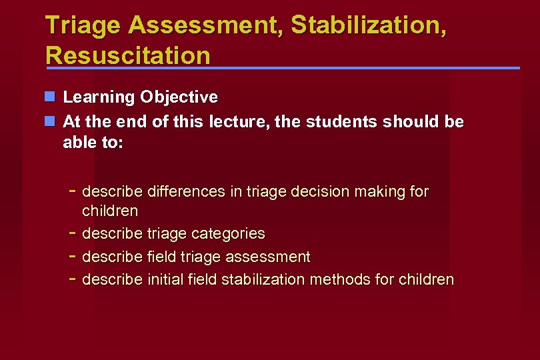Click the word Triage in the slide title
pos(83,25)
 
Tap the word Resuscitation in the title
pos(127,55)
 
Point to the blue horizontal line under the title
pos(283,68)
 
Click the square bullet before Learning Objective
pos(50,97)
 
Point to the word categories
pos(228,234)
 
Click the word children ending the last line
pos(426,279)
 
